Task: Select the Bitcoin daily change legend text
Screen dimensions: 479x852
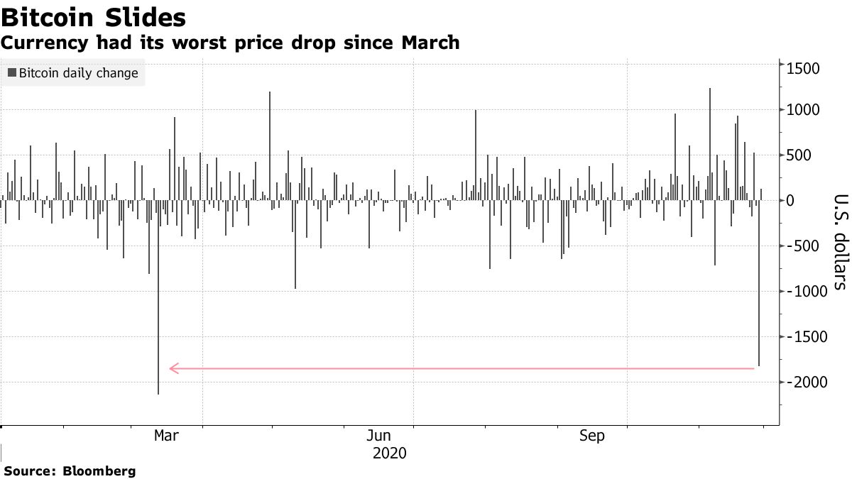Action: (78, 72)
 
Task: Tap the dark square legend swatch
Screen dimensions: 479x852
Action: (12, 72)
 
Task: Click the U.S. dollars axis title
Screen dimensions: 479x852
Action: (840, 241)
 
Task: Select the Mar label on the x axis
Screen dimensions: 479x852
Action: (166, 435)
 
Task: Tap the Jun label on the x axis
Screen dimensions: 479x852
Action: (380, 435)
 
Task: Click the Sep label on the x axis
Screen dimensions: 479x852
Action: (592, 435)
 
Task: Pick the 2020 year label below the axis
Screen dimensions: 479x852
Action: (389, 453)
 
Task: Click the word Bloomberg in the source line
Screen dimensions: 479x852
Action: (99, 470)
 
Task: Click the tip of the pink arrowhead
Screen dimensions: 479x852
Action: (169, 368)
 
